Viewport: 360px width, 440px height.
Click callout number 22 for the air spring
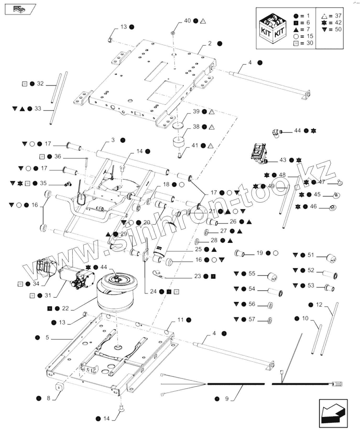[x=66, y=308]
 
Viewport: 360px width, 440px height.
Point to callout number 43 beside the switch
[x=283, y=160]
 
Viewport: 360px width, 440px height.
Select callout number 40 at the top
[x=187, y=21]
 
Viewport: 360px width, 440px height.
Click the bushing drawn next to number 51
[x=332, y=258]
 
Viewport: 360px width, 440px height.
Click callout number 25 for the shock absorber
[x=199, y=249]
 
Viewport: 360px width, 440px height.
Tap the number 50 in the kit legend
[x=338, y=29]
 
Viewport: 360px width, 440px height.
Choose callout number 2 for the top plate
[x=210, y=43]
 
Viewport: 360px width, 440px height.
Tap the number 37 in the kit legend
[x=338, y=16]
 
